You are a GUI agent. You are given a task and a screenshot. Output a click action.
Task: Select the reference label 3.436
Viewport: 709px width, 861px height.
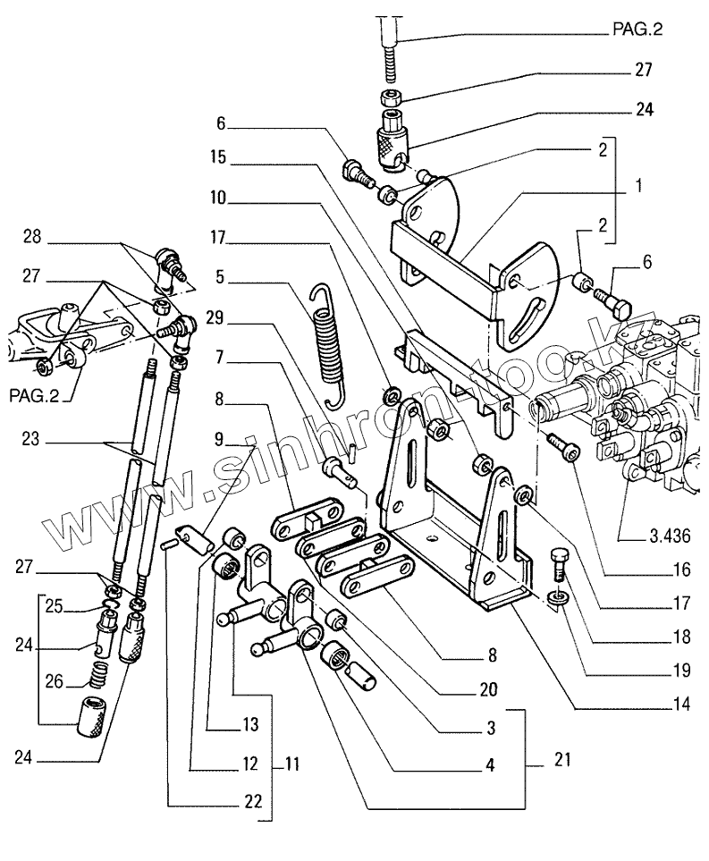(670, 535)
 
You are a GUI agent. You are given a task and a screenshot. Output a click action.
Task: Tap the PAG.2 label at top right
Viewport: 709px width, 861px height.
(637, 29)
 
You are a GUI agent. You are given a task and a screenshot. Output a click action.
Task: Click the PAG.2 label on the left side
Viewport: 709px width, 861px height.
(34, 395)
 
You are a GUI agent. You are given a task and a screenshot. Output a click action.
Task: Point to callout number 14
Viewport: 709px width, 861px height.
(681, 704)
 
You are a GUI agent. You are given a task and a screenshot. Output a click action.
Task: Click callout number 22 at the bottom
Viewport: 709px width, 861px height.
(253, 801)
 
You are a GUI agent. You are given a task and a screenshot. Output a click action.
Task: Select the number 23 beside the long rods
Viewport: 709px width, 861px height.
(30, 439)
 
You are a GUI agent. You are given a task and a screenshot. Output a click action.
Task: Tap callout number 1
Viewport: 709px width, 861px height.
(638, 185)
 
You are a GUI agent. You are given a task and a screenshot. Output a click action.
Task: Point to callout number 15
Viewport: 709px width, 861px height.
(218, 157)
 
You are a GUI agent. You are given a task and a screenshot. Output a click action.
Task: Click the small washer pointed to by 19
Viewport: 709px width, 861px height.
(557, 597)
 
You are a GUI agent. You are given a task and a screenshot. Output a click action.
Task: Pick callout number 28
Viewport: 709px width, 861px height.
(32, 237)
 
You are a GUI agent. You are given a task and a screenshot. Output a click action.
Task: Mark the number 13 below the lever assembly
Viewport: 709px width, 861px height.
(249, 724)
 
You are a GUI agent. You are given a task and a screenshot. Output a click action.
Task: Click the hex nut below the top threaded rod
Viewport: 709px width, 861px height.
(390, 97)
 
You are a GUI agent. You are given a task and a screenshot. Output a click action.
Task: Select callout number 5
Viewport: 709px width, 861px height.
(220, 276)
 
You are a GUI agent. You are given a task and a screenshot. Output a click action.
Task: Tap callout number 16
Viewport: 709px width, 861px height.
(681, 570)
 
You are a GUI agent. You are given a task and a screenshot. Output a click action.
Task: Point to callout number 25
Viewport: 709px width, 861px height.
(55, 607)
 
